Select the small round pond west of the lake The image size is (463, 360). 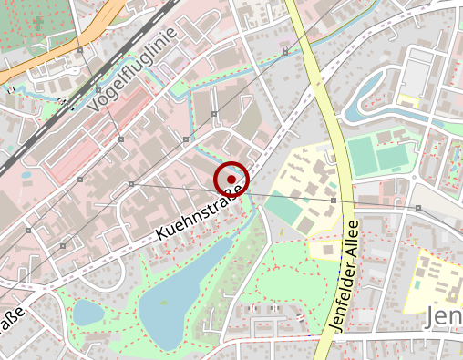click(x=88, y=313)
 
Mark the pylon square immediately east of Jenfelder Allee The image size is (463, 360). click(x=334, y=199)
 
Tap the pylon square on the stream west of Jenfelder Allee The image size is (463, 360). click(x=285, y=51)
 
